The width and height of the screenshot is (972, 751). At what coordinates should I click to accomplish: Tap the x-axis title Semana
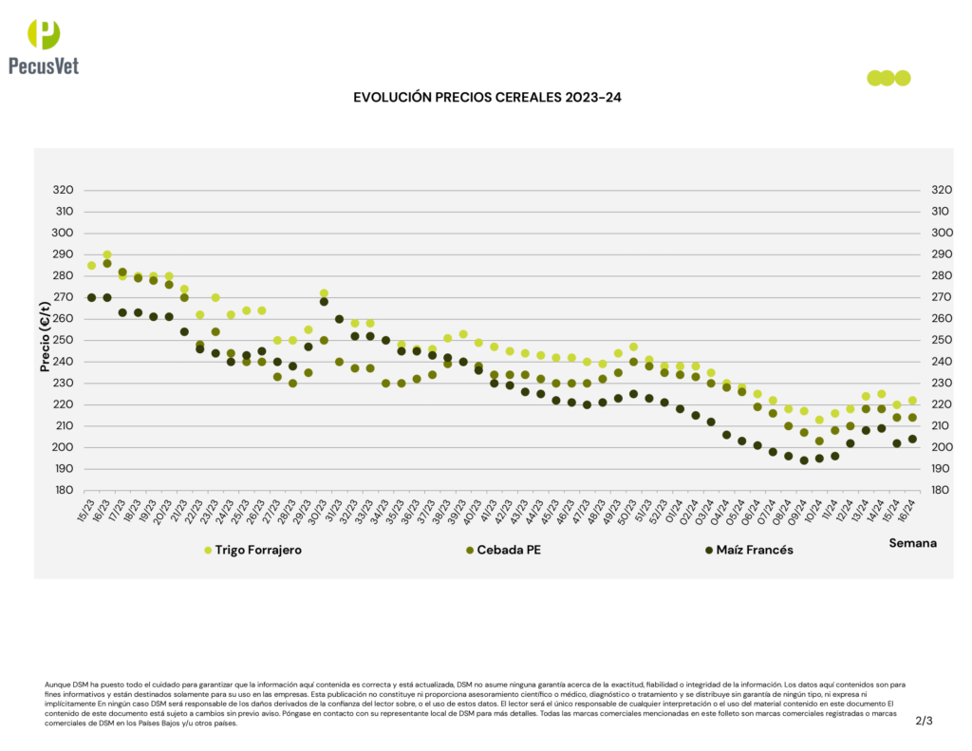tap(912, 543)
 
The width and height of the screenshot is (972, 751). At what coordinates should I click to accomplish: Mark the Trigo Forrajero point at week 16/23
tap(107, 255)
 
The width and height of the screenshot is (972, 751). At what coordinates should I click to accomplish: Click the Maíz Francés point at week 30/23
tap(324, 302)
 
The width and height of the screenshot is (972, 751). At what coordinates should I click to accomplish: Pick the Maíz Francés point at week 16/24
tap(912, 439)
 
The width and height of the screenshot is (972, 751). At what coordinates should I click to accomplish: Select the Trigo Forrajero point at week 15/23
tap(91, 266)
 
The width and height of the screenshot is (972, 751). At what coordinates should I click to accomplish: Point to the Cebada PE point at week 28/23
tap(292, 384)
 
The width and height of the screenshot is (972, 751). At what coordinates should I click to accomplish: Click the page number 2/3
tap(924, 721)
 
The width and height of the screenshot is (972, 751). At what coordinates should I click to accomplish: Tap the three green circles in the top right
tap(888, 78)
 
